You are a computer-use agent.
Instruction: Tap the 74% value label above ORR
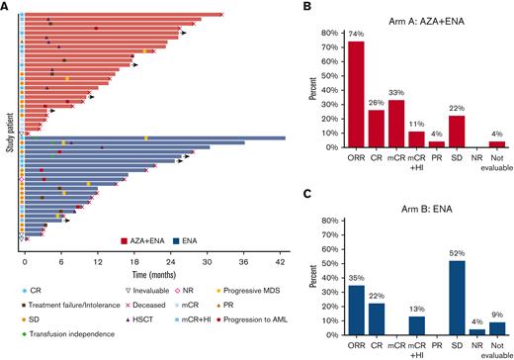[x=355, y=36]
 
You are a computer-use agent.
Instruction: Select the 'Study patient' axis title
[x=8, y=124]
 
